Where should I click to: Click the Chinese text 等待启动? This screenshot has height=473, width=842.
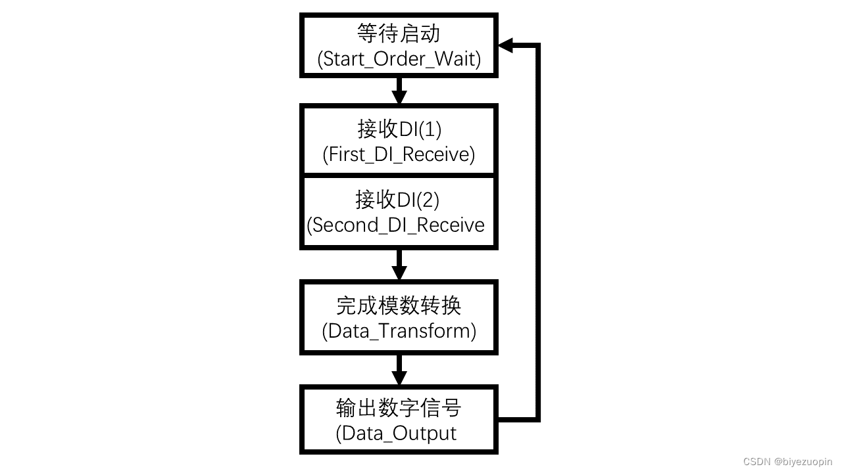(399, 33)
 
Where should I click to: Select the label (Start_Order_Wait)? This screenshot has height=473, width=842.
(399, 59)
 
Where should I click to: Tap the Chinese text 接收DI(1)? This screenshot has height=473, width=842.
(399, 129)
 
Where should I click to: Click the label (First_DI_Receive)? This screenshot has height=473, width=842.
(399, 154)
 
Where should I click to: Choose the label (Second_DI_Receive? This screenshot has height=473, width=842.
(396, 225)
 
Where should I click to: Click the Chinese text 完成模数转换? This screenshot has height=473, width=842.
(399, 305)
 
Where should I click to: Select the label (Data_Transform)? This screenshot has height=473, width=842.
(399, 330)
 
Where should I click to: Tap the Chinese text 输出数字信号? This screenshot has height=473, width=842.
(399, 408)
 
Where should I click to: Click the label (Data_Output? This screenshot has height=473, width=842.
(396, 434)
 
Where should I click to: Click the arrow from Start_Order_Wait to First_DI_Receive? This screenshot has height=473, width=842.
(399, 91)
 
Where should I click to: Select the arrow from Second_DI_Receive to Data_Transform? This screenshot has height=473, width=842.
(399, 265)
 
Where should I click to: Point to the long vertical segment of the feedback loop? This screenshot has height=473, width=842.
(538, 230)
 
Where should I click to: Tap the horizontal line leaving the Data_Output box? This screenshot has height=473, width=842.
(518, 418)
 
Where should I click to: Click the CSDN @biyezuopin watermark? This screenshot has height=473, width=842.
(787, 462)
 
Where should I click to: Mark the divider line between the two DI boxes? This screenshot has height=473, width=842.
(399, 175)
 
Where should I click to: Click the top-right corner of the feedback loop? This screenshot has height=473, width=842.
(538, 45)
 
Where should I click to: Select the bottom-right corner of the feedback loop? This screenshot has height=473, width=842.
(538, 418)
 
